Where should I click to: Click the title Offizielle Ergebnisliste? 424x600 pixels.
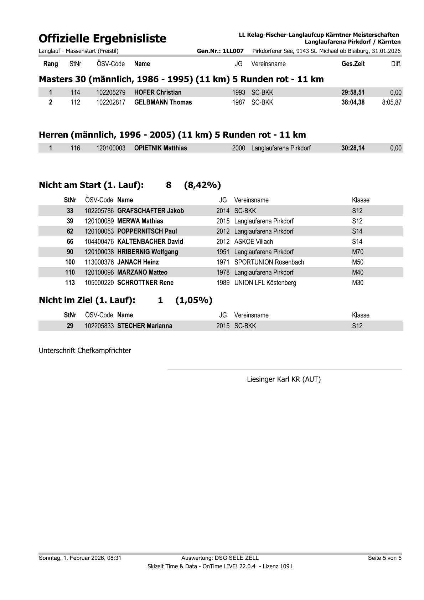(x=103, y=38)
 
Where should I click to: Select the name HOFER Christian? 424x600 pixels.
(x=158, y=92)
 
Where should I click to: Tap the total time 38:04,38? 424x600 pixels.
(x=353, y=102)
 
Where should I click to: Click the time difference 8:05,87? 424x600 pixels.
(x=392, y=102)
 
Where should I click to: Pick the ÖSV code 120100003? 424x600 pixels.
(x=111, y=148)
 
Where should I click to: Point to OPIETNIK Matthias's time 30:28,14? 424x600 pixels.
(x=353, y=148)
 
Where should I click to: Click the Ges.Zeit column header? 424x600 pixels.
(x=353, y=64)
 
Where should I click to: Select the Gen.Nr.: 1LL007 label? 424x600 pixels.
(x=220, y=51)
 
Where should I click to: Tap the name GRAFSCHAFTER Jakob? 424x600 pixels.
(x=150, y=211)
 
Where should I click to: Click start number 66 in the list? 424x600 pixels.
(x=70, y=241)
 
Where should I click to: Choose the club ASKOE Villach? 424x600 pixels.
(x=253, y=241)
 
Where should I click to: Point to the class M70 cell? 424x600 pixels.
(x=357, y=252)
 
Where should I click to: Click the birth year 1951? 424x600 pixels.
(x=223, y=252)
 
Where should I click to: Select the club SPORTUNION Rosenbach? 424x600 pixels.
(x=269, y=262)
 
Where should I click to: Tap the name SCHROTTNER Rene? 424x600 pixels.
(x=145, y=283)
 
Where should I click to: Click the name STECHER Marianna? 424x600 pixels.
(x=145, y=326)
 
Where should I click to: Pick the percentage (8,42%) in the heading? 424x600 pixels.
(x=202, y=185)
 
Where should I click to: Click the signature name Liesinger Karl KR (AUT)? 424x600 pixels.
(x=284, y=379)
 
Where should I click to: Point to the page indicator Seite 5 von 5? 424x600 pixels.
(x=384, y=558)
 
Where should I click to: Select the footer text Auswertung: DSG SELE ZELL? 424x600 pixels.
(x=220, y=558)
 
